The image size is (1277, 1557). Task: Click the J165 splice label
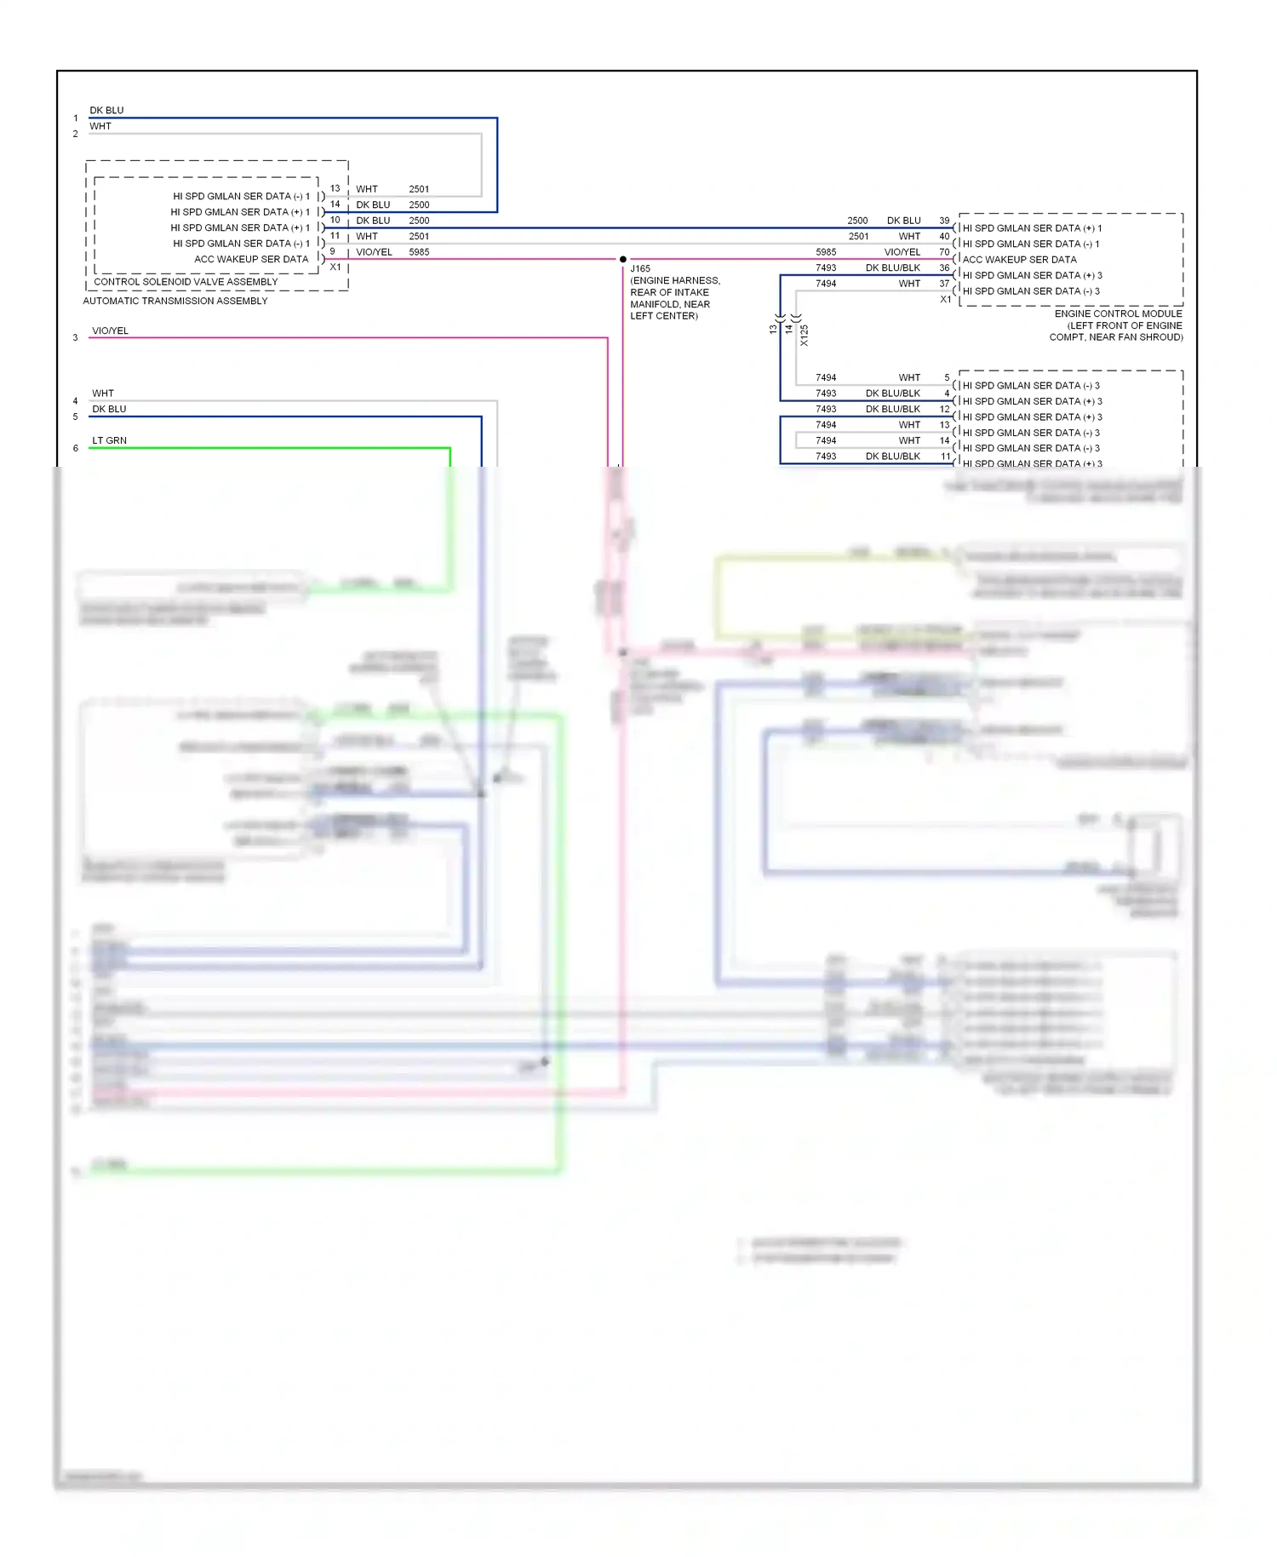point(640,268)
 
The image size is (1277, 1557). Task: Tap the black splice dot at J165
point(623,259)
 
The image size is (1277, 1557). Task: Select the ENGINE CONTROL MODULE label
point(1118,313)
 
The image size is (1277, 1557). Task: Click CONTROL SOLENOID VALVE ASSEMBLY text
point(186,282)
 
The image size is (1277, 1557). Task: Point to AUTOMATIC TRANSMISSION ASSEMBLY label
point(175,301)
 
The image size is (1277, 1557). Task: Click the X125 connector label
point(805,335)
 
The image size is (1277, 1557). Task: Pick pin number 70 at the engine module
point(944,252)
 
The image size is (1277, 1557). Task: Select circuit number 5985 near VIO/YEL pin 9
point(419,252)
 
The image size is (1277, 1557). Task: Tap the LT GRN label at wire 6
point(109,440)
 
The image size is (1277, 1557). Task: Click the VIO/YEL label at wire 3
point(110,330)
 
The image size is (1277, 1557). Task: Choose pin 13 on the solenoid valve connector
point(335,188)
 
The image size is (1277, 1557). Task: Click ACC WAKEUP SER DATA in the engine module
point(1019,260)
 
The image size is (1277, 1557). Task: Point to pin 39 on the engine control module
point(944,221)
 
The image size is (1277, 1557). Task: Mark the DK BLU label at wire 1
point(106,110)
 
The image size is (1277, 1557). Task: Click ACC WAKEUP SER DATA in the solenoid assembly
point(251,259)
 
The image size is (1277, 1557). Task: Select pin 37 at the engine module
point(944,284)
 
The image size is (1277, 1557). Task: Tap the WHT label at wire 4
point(103,393)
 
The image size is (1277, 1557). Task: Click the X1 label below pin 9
point(335,267)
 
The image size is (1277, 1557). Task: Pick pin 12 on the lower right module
point(944,409)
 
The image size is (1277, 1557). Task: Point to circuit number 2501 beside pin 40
point(858,237)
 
